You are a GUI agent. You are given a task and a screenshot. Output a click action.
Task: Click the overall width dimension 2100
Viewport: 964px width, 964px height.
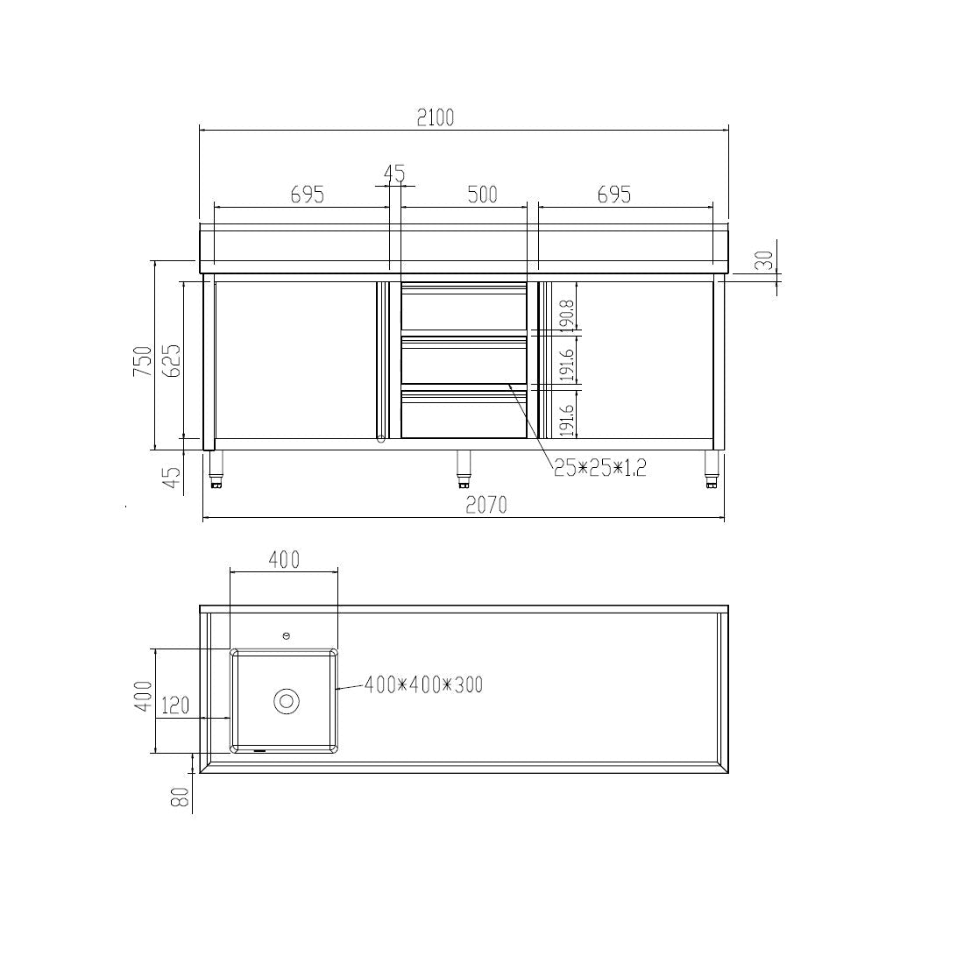(x=436, y=117)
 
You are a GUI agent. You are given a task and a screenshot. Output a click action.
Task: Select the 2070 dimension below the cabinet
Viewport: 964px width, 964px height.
(x=486, y=506)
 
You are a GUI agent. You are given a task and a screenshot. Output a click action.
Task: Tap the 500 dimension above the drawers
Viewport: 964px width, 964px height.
(x=482, y=194)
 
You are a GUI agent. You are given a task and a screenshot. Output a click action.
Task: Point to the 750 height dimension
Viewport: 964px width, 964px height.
(x=142, y=361)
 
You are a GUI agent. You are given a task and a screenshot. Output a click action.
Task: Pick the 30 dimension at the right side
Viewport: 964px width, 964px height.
(x=764, y=260)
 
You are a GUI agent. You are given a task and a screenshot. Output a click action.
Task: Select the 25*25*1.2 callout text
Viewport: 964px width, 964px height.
(x=599, y=468)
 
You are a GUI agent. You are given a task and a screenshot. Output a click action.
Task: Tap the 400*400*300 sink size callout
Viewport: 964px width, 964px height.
(x=423, y=684)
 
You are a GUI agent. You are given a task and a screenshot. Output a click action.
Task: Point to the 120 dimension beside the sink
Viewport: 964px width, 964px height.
(x=175, y=705)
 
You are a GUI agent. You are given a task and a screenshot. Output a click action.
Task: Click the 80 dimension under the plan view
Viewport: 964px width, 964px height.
(x=180, y=797)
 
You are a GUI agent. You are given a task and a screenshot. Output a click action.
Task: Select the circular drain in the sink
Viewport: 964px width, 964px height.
(x=287, y=701)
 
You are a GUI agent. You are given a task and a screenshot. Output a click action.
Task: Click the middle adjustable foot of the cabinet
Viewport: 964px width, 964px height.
(x=464, y=469)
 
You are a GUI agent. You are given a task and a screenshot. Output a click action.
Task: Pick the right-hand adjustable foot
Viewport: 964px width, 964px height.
(x=712, y=469)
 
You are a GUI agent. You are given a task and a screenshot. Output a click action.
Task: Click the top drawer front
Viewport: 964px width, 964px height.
(x=464, y=310)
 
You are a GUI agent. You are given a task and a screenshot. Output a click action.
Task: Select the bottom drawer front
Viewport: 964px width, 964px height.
(x=464, y=415)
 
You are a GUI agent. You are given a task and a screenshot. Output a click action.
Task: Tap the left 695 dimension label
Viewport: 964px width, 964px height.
(x=308, y=194)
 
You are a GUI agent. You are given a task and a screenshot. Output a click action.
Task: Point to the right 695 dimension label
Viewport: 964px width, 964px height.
(x=613, y=194)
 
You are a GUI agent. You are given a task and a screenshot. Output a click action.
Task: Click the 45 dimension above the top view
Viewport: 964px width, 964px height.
(x=395, y=174)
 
